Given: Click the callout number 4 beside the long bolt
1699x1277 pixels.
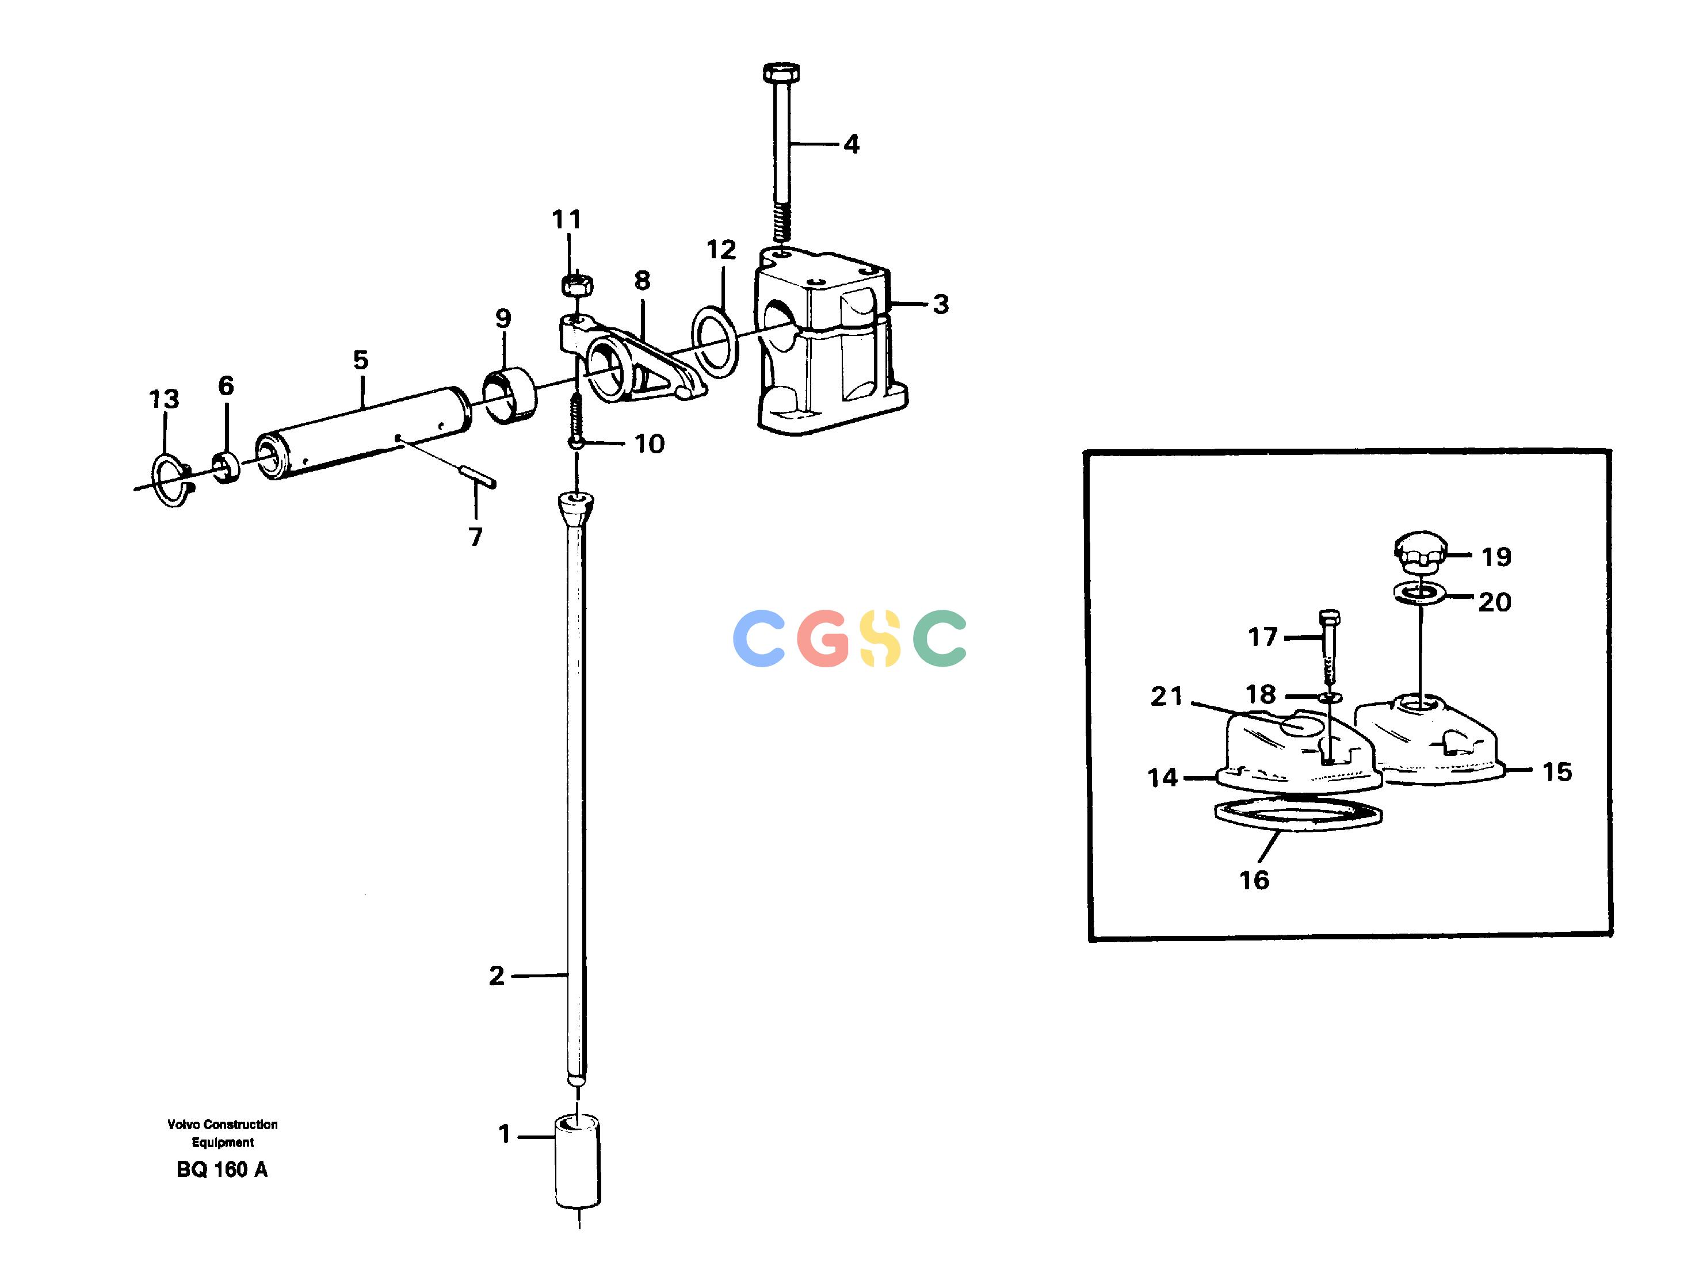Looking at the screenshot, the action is pos(851,144).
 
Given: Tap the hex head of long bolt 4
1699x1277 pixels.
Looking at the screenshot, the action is pos(782,73).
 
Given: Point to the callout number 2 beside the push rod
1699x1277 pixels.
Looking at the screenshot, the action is pos(497,977).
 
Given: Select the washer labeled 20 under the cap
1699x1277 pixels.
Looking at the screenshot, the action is pos(1419,593).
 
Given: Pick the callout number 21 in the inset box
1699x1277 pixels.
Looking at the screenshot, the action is pos(1167,697).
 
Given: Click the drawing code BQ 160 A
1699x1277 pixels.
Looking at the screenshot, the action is pos(222,1169).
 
